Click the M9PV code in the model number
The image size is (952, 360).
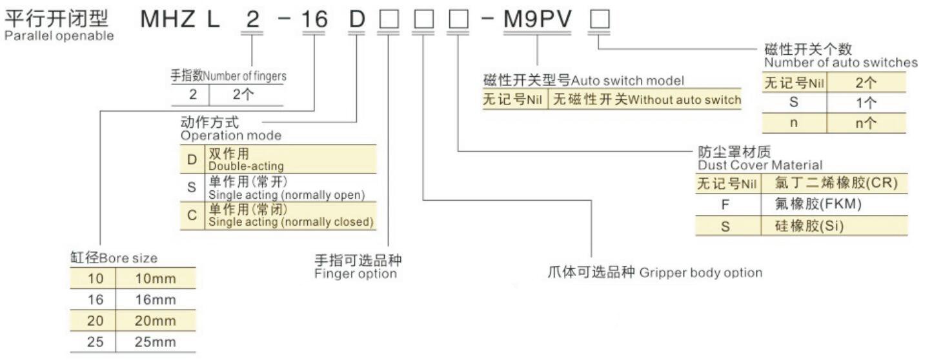pos(538,20)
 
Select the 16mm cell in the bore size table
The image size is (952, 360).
pos(155,299)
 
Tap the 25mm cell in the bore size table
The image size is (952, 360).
pos(155,342)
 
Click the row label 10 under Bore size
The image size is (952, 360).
pos(95,279)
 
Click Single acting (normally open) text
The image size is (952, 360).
pos(287,194)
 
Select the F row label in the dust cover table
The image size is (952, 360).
pos(725,205)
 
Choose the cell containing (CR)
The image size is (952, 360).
pos(835,183)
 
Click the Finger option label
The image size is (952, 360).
pos(356,274)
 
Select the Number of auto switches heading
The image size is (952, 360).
pos(840,63)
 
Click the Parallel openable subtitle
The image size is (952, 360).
pos(59,35)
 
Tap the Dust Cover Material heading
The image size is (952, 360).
pos(760,165)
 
